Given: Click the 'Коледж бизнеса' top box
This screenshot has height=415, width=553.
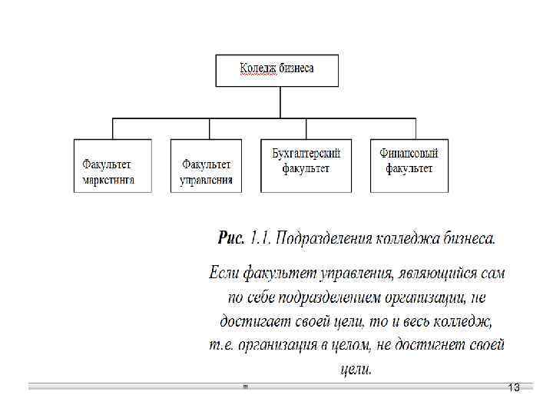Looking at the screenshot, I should pyautogui.click(x=276, y=69).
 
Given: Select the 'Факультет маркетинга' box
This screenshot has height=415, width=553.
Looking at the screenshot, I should pyautogui.click(x=113, y=165).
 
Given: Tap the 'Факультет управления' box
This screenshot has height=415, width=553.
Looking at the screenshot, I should pyautogui.click(x=206, y=165).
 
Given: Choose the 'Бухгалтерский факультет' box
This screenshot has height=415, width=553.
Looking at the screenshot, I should pyautogui.click(x=306, y=165).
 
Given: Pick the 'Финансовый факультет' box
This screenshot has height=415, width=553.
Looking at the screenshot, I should pyautogui.click(x=409, y=165).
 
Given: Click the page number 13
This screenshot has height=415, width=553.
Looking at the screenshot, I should pyautogui.click(x=514, y=388).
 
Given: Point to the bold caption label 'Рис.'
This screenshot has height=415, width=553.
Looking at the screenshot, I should pyautogui.click(x=231, y=238).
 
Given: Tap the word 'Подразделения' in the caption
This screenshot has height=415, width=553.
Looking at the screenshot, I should pyautogui.click(x=325, y=239).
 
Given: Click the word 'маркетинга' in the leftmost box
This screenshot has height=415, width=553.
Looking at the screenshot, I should pyautogui.click(x=108, y=180).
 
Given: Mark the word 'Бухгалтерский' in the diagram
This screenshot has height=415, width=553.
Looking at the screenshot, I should pyautogui.click(x=306, y=154).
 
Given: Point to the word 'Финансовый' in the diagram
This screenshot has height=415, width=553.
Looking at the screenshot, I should pyautogui.click(x=409, y=154).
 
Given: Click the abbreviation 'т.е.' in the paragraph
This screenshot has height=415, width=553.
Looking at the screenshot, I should pyautogui.click(x=221, y=344).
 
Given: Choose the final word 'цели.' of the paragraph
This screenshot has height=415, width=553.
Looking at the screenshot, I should pyautogui.click(x=356, y=369).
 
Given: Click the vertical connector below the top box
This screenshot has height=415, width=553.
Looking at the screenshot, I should pyautogui.click(x=276, y=102).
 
